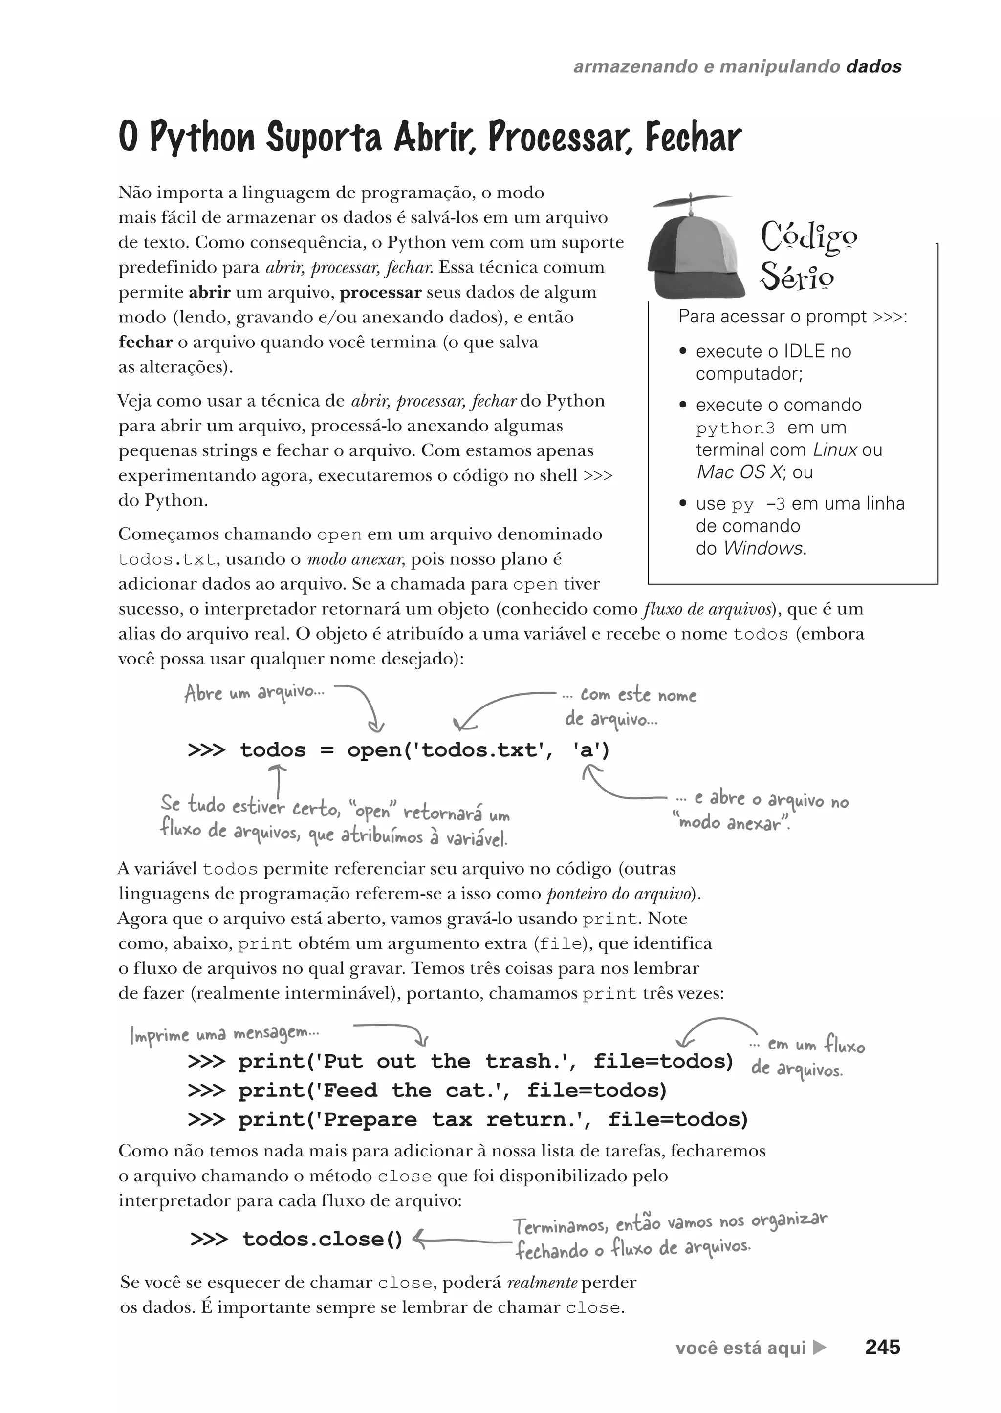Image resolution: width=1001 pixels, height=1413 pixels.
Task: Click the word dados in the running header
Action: (873, 66)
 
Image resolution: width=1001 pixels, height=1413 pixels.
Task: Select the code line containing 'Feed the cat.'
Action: (428, 1090)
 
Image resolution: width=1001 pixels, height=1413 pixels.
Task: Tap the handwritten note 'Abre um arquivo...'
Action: (254, 693)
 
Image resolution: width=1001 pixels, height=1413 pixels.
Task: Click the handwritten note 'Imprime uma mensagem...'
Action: (224, 1033)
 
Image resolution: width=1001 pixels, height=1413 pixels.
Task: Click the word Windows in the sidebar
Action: (763, 548)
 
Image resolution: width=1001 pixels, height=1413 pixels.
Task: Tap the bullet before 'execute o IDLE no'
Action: (682, 351)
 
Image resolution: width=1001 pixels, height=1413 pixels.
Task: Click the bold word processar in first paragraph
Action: (380, 292)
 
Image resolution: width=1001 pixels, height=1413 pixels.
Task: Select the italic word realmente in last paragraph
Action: (542, 1283)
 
